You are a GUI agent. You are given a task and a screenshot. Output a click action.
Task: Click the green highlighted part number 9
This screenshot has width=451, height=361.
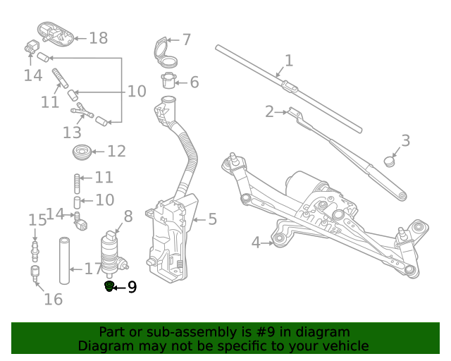point(109,286)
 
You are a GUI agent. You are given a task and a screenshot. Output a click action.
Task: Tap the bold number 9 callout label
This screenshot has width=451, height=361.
point(132,287)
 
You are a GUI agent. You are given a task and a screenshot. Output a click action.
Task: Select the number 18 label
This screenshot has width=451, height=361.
point(98,38)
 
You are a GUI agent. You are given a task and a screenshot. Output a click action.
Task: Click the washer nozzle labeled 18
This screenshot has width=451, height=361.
point(54,33)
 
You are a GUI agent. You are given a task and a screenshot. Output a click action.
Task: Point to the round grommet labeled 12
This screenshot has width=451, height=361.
point(82,152)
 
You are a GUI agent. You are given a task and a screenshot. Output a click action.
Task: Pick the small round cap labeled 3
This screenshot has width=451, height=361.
point(390,161)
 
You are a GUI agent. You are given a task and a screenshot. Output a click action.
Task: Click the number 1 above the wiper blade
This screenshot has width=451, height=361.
point(288,61)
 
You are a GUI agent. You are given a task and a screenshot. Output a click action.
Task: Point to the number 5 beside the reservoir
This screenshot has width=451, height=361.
point(212,219)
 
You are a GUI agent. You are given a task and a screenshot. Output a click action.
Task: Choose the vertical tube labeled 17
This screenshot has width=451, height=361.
point(64,260)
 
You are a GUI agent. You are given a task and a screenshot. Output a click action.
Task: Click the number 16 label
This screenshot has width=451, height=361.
point(53,299)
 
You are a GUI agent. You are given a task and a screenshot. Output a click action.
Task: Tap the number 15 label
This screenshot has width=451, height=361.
point(37,220)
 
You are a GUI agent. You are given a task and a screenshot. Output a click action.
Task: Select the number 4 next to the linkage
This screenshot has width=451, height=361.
point(257,243)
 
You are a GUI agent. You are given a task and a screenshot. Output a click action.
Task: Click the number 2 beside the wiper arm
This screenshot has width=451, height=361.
point(269,111)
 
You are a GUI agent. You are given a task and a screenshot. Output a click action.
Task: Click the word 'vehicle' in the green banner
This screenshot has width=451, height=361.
point(343,345)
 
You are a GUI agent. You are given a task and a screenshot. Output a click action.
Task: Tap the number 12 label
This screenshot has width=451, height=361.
point(116,151)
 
